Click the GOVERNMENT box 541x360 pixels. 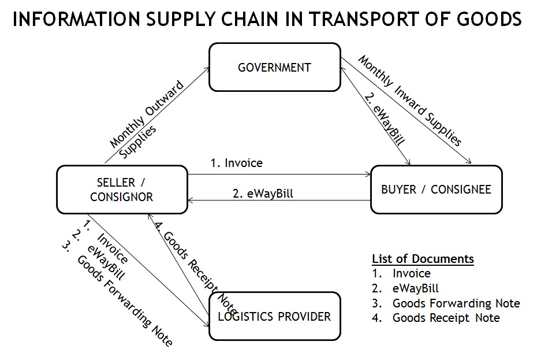tap(274, 68)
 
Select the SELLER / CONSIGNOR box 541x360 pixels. tap(121, 190)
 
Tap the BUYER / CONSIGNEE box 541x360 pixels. tap(436, 190)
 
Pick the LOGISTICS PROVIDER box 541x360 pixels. tap(274, 316)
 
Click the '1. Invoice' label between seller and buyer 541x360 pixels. tap(236, 163)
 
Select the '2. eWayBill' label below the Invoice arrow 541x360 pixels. tap(263, 194)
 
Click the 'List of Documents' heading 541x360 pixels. tap(423, 258)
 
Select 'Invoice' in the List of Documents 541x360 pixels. tap(411, 273)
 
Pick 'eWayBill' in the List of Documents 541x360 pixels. tap(415, 288)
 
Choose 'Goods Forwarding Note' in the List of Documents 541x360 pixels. tap(456, 303)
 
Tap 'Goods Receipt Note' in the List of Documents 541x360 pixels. tap(446, 318)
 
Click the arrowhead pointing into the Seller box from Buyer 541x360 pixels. tap(191, 200)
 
